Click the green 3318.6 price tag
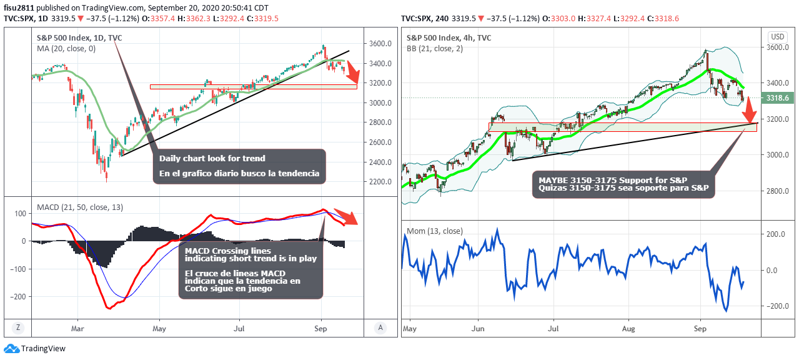pyautogui.click(x=777, y=98)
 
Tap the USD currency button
pyautogui.click(x=777, y=36)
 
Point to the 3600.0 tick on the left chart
pyautogui.click(x=380, y=44)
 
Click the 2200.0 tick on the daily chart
pyautogui.click(x=380, y=182)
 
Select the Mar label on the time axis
pyautogui.click(x=78, y=327)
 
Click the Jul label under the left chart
pyautogui.click(x=239, y=327)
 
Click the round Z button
pyautogui.click(x=19, y=327)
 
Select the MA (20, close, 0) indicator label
pyautogui.click(x=66, y=48)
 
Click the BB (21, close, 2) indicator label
pyautogui.click(x=434, y=48)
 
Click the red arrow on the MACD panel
pyautogui.click(x=347, y=216)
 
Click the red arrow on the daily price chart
pyautogui.click(x=352, y=72)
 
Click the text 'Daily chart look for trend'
pyautogui.click(x=212, y=158)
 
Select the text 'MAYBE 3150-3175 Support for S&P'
pyautogui.click(x=609, y=180)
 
